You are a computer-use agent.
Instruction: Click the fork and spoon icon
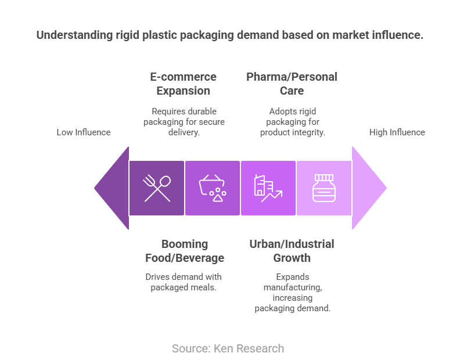157,188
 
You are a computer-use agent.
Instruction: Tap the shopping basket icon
213,188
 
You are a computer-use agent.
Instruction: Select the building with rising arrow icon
268,188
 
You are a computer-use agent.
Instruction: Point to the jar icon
324,188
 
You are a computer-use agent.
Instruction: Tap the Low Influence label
84,132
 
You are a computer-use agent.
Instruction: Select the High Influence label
397,132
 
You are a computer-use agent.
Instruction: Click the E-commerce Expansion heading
184,84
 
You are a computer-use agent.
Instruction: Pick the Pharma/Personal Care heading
292,84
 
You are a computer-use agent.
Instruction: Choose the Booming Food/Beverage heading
185,251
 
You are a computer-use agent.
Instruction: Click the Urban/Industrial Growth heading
292,251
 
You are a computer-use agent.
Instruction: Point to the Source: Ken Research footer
228,348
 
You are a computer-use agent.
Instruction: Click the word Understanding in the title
74,35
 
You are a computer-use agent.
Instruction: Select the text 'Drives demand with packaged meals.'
184,282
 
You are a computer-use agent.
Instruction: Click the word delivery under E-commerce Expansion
184,132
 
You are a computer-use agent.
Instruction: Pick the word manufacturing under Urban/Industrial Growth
293,287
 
